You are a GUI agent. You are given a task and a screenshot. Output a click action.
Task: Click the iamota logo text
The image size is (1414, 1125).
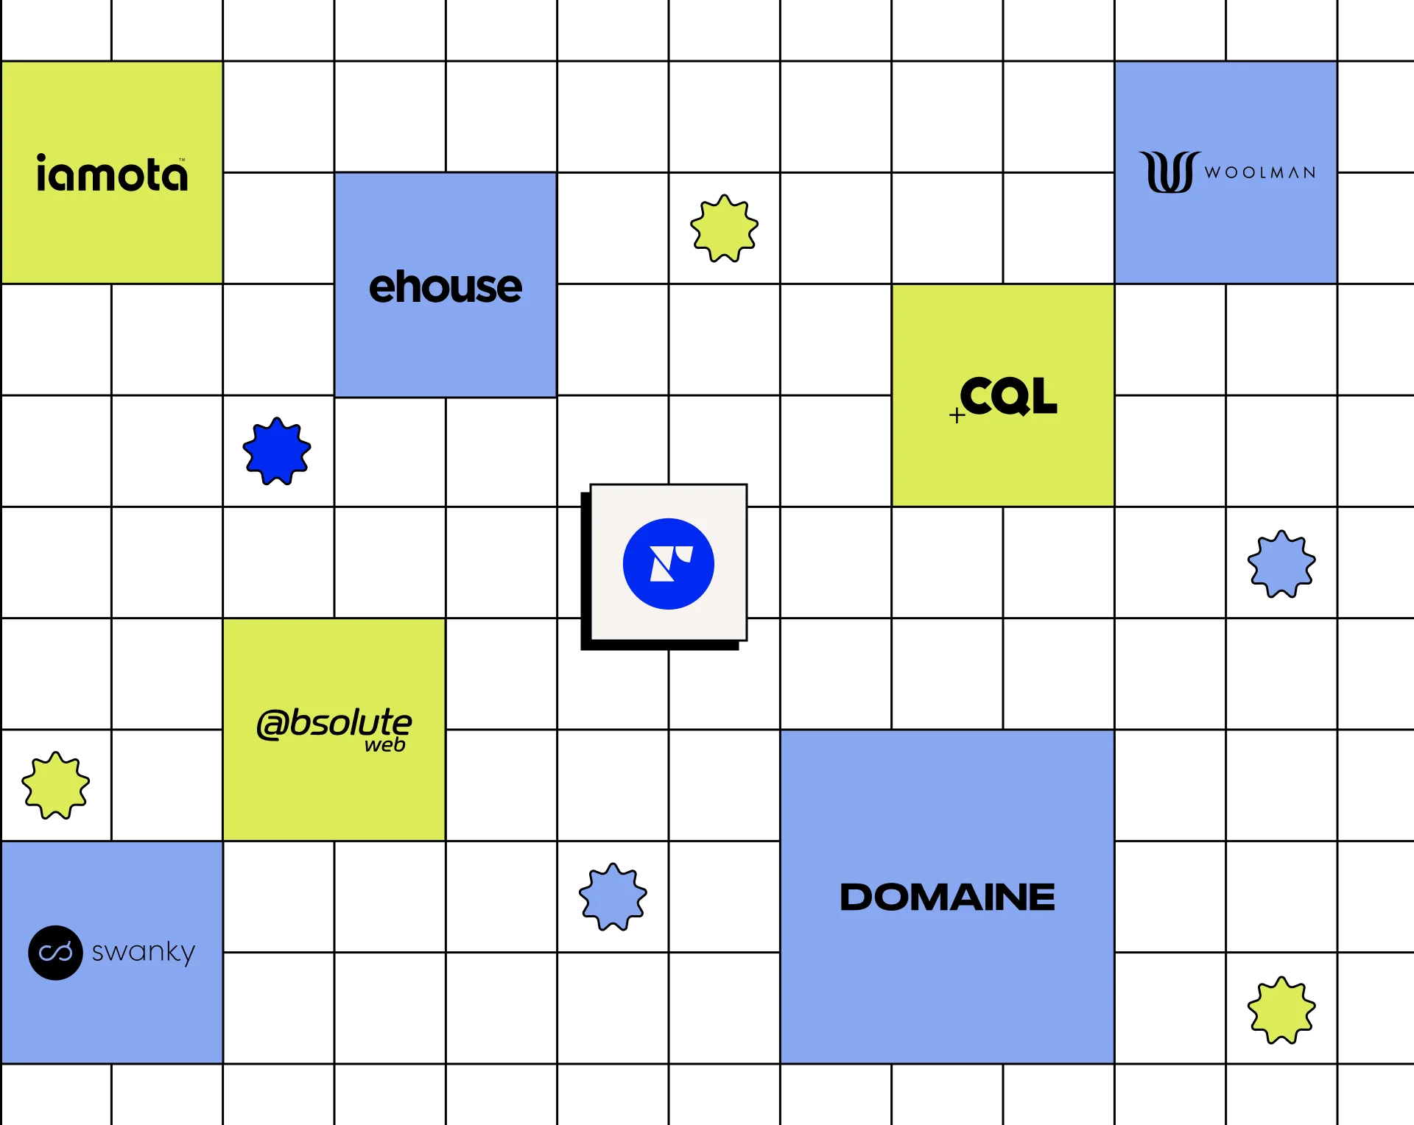[112, 174]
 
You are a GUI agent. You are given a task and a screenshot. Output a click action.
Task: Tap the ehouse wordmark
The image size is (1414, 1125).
[446, 286]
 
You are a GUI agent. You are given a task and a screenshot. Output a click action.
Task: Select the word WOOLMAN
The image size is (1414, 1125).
[1259, 173]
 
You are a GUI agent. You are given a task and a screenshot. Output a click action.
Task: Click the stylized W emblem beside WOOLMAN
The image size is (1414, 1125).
[1169, 172]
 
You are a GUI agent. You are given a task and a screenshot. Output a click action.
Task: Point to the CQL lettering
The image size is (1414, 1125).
[1008, 396]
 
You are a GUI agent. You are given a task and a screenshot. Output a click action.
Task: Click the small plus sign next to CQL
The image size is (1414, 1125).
[957, 416]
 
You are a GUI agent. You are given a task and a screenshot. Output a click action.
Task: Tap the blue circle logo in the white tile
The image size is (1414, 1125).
[668, 564]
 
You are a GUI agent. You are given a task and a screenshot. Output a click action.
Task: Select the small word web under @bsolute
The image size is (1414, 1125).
[385, 745]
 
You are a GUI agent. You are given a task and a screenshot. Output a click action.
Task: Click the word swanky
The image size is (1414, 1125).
[144, 952]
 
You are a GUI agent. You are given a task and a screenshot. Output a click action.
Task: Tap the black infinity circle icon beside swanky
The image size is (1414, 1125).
[55, 953]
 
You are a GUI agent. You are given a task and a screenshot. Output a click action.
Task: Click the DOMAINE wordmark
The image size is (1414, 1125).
[947, 897]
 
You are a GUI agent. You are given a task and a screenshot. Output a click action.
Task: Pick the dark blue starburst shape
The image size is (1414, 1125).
[276, 451]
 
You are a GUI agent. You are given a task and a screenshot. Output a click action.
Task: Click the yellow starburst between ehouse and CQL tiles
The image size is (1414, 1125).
[724, 228]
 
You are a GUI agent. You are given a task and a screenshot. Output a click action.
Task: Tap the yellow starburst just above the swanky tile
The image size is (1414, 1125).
[55, 786]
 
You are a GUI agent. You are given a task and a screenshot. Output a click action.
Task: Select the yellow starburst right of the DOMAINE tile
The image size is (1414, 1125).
[1281, 1011]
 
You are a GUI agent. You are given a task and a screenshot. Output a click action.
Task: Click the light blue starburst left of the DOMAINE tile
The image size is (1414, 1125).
[612, 897]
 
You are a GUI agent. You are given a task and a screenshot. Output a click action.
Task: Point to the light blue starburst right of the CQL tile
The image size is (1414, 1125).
[1281, 564]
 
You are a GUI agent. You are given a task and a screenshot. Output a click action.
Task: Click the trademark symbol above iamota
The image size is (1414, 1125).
[182, 159]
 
